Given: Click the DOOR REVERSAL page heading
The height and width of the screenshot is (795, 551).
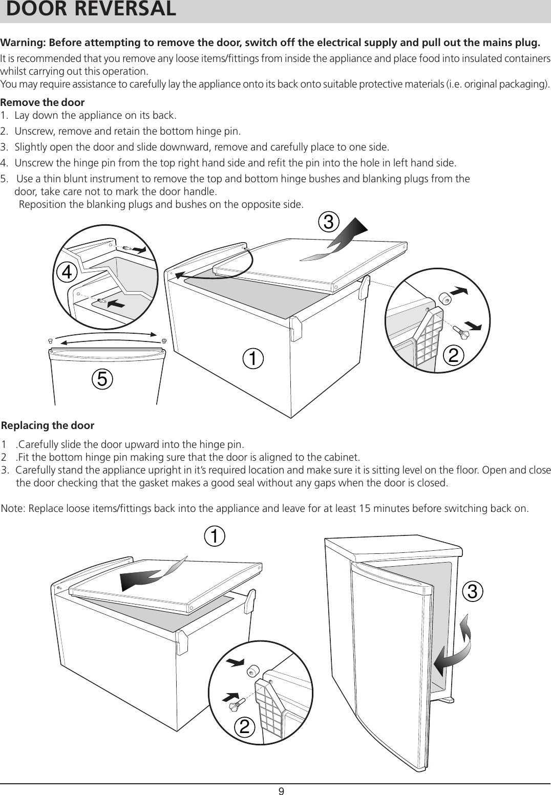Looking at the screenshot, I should point(91,10).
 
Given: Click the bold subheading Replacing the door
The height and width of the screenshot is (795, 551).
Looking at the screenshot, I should point(48,425).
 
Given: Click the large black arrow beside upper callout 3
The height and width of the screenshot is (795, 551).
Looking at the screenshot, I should point(342,237).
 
